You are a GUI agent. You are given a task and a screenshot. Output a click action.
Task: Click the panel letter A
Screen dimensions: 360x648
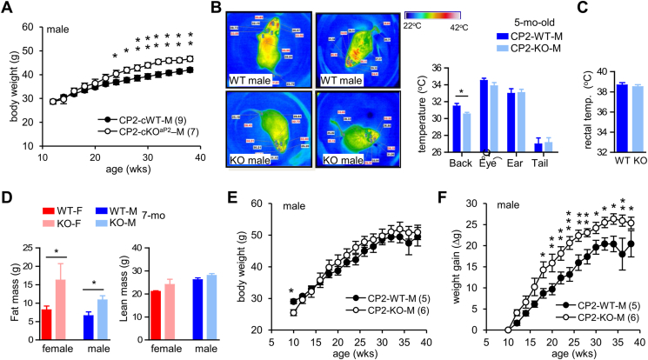(x=7, y=8)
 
